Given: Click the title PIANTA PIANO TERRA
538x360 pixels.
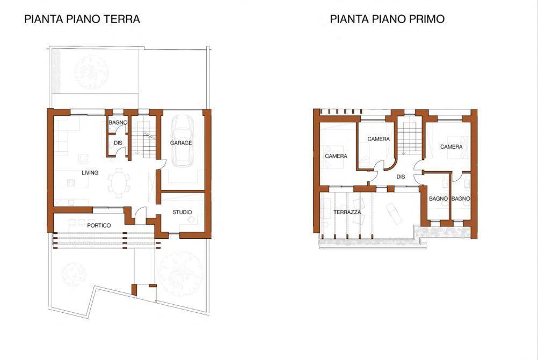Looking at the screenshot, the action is (x=82, y=19).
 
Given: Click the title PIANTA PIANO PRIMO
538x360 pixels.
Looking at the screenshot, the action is (x=387, y=19).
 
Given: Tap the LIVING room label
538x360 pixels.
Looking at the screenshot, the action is (x=90, y=173).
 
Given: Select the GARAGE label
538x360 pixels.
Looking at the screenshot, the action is (x=181, y=143).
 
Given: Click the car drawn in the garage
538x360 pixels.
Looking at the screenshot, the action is (x=183, y=141).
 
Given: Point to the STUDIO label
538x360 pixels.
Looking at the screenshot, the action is (x=182, y=212).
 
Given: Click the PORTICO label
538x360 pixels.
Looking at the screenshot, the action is (x=99, y=225).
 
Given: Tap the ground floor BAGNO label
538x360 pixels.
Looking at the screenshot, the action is (x=118, y=122).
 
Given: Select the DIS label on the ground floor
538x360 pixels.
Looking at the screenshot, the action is (x=118, y=143).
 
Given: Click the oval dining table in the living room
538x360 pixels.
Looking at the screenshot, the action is (x=119, y=182).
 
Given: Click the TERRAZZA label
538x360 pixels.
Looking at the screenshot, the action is (x=347, y=212).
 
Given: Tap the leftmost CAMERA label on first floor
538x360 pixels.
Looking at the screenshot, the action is (x=336, y=156).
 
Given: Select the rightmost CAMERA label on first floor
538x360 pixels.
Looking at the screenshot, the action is (x=451, y=147).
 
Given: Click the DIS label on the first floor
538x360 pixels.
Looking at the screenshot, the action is (x=401, y=177).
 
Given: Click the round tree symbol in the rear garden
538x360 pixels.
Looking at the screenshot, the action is (x=92, y=72).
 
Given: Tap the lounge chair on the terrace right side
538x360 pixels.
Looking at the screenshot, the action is (x=394, y=214).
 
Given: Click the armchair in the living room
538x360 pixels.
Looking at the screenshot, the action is (x=83, y=158).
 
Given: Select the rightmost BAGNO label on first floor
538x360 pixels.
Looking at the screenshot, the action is (x=461, y=199).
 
